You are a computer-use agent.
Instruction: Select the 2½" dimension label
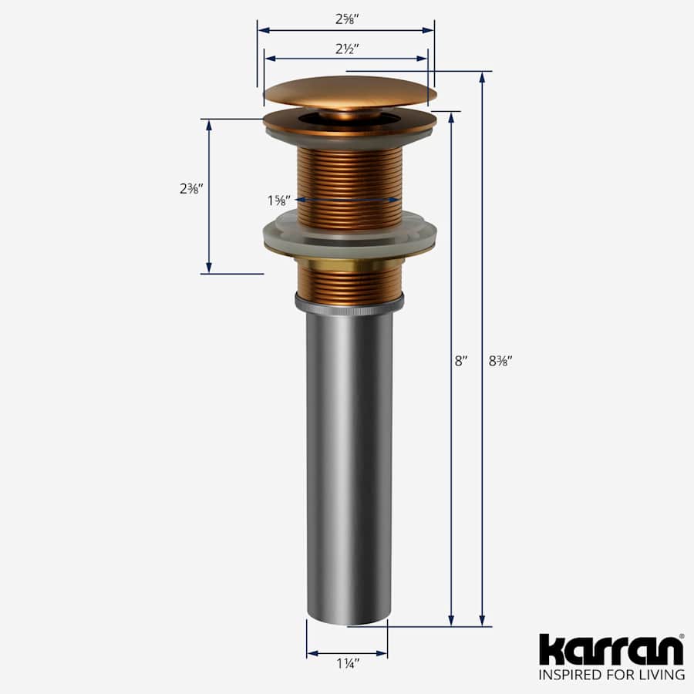coord(345,48)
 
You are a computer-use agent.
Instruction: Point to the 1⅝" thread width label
coord(278,200)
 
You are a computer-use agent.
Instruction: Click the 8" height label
coord(461,360)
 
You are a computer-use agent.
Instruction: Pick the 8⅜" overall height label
coord(500,360)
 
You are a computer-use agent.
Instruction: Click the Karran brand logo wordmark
coord(611,650)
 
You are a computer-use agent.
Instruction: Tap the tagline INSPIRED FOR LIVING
coord(611,675)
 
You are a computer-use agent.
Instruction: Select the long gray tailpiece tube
coord(349,463)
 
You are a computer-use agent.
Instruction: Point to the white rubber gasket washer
coord(349,231)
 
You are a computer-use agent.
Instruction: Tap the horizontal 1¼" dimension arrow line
coord(347,654)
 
